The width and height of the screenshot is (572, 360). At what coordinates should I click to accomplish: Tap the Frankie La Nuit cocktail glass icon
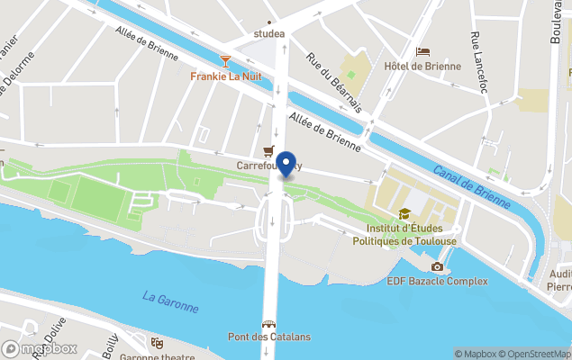(x=225, y=61)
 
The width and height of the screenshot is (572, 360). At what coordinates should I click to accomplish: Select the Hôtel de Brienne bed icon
(x=422, y=51)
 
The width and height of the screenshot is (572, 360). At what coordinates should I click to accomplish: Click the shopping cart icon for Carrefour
(x=268, y=151)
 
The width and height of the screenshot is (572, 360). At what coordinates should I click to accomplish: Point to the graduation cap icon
(x=404, y=214)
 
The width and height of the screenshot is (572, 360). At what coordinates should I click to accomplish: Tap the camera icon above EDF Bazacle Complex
(x=437, y=266)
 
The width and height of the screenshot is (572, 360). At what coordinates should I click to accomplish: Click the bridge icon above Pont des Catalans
(x=268, y=323)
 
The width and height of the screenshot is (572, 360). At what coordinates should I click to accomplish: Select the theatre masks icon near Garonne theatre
(x=157, y=343)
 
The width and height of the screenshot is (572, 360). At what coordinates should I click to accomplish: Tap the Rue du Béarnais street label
(x=333, y=81)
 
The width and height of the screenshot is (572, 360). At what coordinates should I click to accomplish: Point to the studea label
(x=269, y=34)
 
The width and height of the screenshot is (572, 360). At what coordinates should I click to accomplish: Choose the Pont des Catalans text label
(x=268, y=337)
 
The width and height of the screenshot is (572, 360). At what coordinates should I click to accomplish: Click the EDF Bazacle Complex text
(x=437, y=281)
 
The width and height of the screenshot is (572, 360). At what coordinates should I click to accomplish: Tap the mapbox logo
(x=40, y=348)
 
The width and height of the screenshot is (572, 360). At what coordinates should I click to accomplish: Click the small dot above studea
(x=269, y=21)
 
